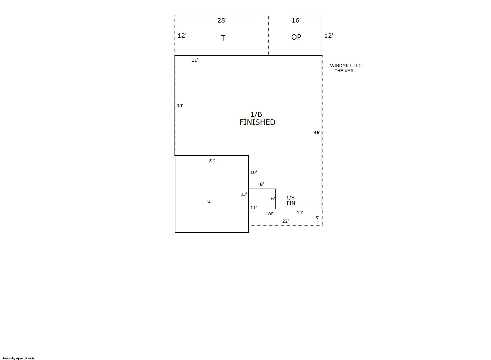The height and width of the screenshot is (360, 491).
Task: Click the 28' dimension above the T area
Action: tap(222, 20)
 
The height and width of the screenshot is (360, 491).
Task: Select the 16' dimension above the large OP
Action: tap(296, 20)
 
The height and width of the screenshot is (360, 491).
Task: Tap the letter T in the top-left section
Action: tap(223, 38)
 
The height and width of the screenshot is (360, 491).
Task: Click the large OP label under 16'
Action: tap(296, 37)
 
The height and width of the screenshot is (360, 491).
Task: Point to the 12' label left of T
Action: tap(182, 36)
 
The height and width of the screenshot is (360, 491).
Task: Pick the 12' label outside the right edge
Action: tap(329, 36)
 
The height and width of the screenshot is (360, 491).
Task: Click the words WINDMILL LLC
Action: tap(346, 66)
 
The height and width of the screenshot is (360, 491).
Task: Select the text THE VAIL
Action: tap(344, 71)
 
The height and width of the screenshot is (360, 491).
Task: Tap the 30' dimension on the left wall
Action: tap(180, 106)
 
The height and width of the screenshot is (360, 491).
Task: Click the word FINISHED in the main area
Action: tap(257, 122)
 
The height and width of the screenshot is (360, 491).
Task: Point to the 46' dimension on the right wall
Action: tap(317, 132)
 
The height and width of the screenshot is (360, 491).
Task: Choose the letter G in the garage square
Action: tap(209, 201)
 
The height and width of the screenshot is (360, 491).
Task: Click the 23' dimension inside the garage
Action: tap(244, 194)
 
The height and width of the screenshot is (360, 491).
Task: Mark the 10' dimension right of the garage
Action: tap(254, 172)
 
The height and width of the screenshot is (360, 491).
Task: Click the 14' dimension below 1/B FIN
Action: tap(300, 213)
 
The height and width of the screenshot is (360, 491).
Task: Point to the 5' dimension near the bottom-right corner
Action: tap(317, 218)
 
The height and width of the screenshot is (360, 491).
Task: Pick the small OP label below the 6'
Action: tap(271, 214)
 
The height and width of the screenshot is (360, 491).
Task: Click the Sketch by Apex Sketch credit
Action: tap(18, 358)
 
